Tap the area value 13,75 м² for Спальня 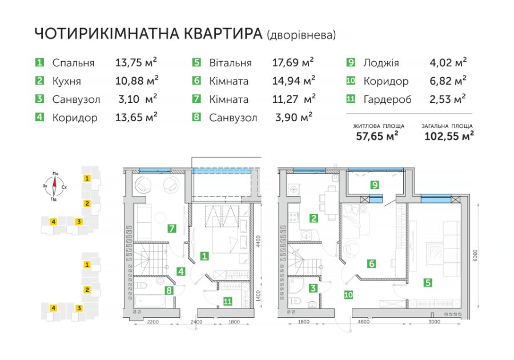pos(136,62)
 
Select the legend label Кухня pos(67,81)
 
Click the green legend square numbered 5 pos(196,62)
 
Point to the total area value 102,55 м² pos(449,136)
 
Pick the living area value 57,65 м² pos(378,136)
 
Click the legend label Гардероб pos(387,99)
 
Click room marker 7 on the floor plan pos(172,228)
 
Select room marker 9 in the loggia pos(375,185)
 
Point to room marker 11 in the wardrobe pos(227,301)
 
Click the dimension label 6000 pos(476,255)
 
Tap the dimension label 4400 pos(259,241)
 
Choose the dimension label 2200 pos(153,322)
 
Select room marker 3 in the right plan pos(314,288)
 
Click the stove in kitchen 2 pos(293,217)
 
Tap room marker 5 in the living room pos(428,282)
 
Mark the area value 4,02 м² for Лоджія pos(448,62)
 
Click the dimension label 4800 pos(364,322)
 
